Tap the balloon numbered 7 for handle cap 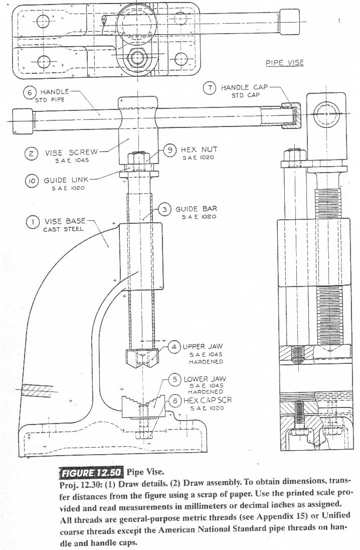click(210, 88)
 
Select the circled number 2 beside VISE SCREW click(31, 154)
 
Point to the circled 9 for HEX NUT click(171, 150)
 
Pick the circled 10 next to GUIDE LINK click(32, 181)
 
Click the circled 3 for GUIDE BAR click(165, 209)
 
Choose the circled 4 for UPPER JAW click(174, 347)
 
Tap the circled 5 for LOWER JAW click(174, 379)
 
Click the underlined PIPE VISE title click(284, 63)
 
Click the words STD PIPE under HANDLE click(50, 99)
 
